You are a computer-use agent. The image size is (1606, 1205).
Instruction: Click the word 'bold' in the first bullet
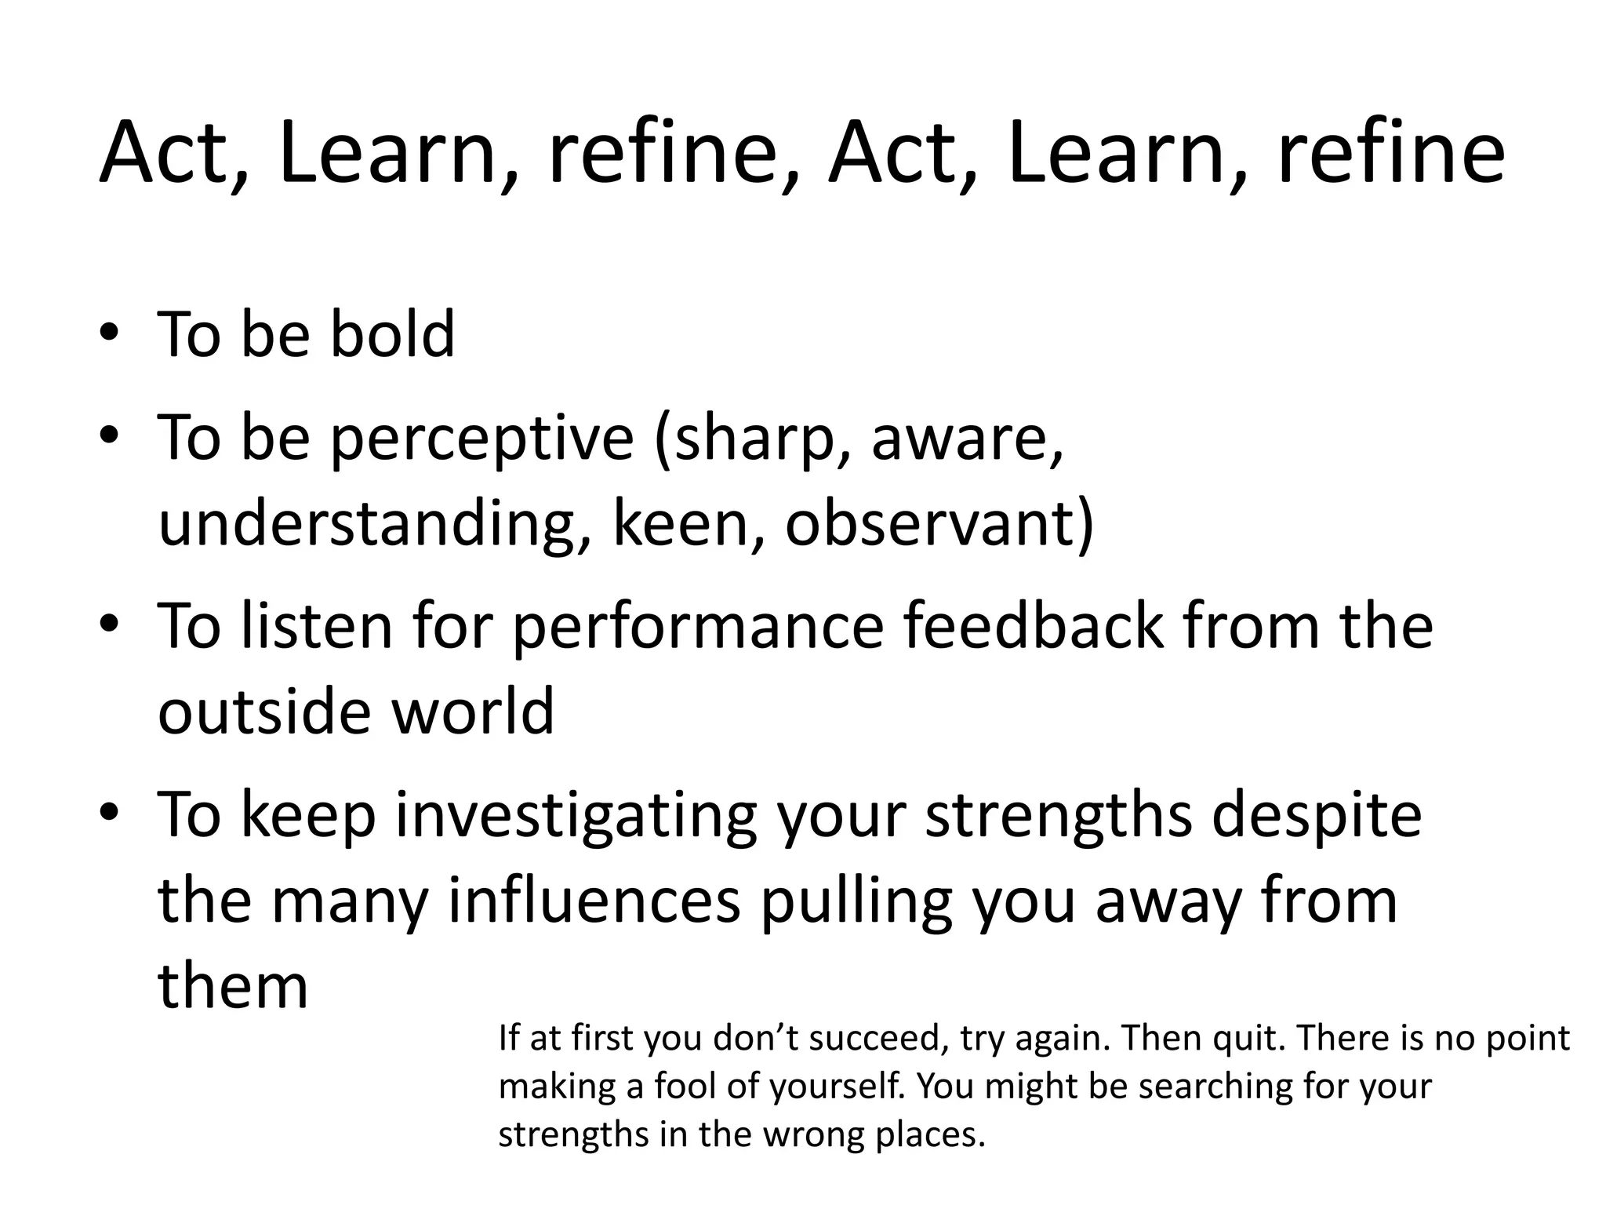point(392,334)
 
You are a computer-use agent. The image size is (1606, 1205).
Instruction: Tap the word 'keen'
point(680,523)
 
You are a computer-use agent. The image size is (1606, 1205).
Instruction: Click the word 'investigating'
point(576,816)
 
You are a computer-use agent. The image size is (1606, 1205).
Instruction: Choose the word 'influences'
point(594,901)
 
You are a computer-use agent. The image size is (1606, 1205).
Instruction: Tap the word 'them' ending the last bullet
point(233,986)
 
